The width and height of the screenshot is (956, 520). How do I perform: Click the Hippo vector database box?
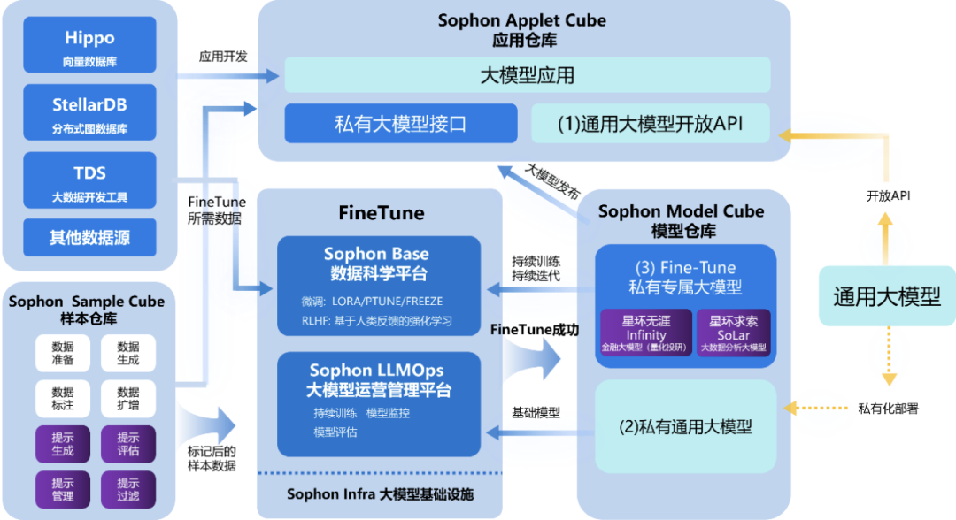(x=90, y=46)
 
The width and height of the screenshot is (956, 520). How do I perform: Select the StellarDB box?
(x=90, y=113)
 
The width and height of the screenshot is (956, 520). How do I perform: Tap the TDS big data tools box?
(x=90, y=181)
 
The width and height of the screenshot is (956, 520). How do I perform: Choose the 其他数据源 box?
(x=90, y=238)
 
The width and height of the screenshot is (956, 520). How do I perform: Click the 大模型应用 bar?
(x=527, y=75)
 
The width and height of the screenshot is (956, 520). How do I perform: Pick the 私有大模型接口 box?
(x=400, y=124)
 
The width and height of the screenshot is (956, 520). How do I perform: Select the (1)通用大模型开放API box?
(x=650, y=124)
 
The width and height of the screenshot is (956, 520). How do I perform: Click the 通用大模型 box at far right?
(x=886, y=296)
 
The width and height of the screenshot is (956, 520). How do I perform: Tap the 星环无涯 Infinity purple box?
(x=645, y=333)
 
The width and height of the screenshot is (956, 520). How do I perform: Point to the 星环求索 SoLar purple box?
(x=734, y=333)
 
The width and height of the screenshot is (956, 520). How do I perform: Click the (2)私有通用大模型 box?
(x=685, y=426)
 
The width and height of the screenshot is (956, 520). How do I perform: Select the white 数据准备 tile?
(x=63, y=354)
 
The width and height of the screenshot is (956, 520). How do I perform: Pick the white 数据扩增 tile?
(x=127, y=399)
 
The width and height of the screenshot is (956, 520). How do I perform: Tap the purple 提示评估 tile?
(x=127, y=444)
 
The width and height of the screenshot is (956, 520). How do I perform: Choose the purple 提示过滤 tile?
(x=127, y=490)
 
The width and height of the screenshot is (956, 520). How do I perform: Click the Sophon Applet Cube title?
(x=522, y=20)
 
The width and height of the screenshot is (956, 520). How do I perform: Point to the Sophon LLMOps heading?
(x=377, y=370)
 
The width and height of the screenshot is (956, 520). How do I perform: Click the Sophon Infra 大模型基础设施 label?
(x=380, y=494)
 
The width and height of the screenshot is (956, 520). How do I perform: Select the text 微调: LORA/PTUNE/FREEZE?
(x=372, y=302)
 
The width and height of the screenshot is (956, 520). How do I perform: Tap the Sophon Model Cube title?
(x=681, y=212)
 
